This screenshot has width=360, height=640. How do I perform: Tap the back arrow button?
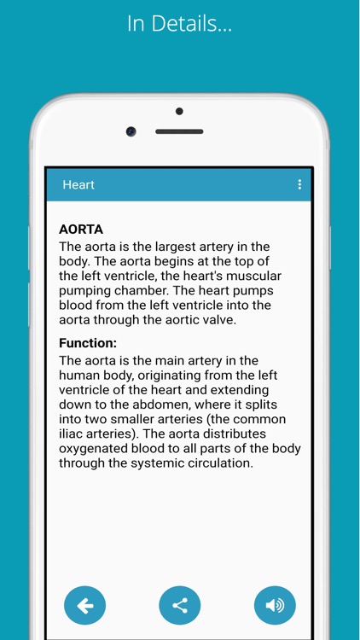click(85, 606)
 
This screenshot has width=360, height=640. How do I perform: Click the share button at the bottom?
click(180, 606)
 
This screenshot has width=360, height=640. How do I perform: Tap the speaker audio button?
click(275, 606)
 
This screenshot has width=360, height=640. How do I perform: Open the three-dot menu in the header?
click(299, 184)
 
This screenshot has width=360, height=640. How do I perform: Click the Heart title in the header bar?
click(78, 184)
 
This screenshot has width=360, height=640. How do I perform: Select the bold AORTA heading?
click(81, 230)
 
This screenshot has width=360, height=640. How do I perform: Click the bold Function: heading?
click(88, 343)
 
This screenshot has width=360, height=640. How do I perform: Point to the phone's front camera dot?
click(131, 131)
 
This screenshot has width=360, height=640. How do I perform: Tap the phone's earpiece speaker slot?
click(179, 131)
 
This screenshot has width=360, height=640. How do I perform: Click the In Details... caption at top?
click(179, 24)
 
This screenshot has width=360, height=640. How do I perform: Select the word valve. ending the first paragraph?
click(217, 320)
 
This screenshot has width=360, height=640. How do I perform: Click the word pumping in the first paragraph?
click(85, 291)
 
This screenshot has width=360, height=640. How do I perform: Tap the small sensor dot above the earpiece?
click(179, 111)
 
